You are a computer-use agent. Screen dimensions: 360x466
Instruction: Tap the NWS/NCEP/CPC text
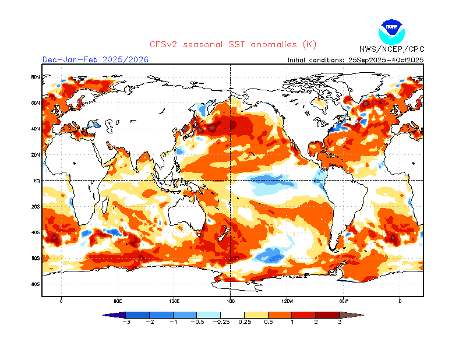click(x=391, y=49)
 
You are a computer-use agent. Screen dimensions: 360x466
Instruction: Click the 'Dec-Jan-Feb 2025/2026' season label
click(x=95, y=59)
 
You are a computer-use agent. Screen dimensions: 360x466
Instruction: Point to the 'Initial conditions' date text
click(x=355, y=60)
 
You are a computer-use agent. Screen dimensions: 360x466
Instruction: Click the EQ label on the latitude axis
click(x=36, y=181)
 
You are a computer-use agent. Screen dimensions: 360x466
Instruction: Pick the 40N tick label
click(x=35, y=129)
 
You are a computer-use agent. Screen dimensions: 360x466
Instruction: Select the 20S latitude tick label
click(x=35, y=206)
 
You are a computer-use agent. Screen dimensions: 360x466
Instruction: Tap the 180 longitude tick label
click(x=231, y=301)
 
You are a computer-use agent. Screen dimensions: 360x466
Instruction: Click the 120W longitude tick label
click(x=287, y=301)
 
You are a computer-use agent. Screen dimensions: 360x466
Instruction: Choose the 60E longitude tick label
click(x=118, y=301)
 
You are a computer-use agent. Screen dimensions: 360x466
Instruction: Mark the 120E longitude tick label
click(x=174, y=301)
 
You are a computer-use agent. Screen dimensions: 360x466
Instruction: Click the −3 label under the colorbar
click(x=126, y=322)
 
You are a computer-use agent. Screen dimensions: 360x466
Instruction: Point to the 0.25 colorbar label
click(x=245, y=322)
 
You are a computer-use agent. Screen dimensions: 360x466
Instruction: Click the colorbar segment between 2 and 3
click(x=328, y=315)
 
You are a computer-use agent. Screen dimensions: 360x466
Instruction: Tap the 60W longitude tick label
click(x=344, y=301)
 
